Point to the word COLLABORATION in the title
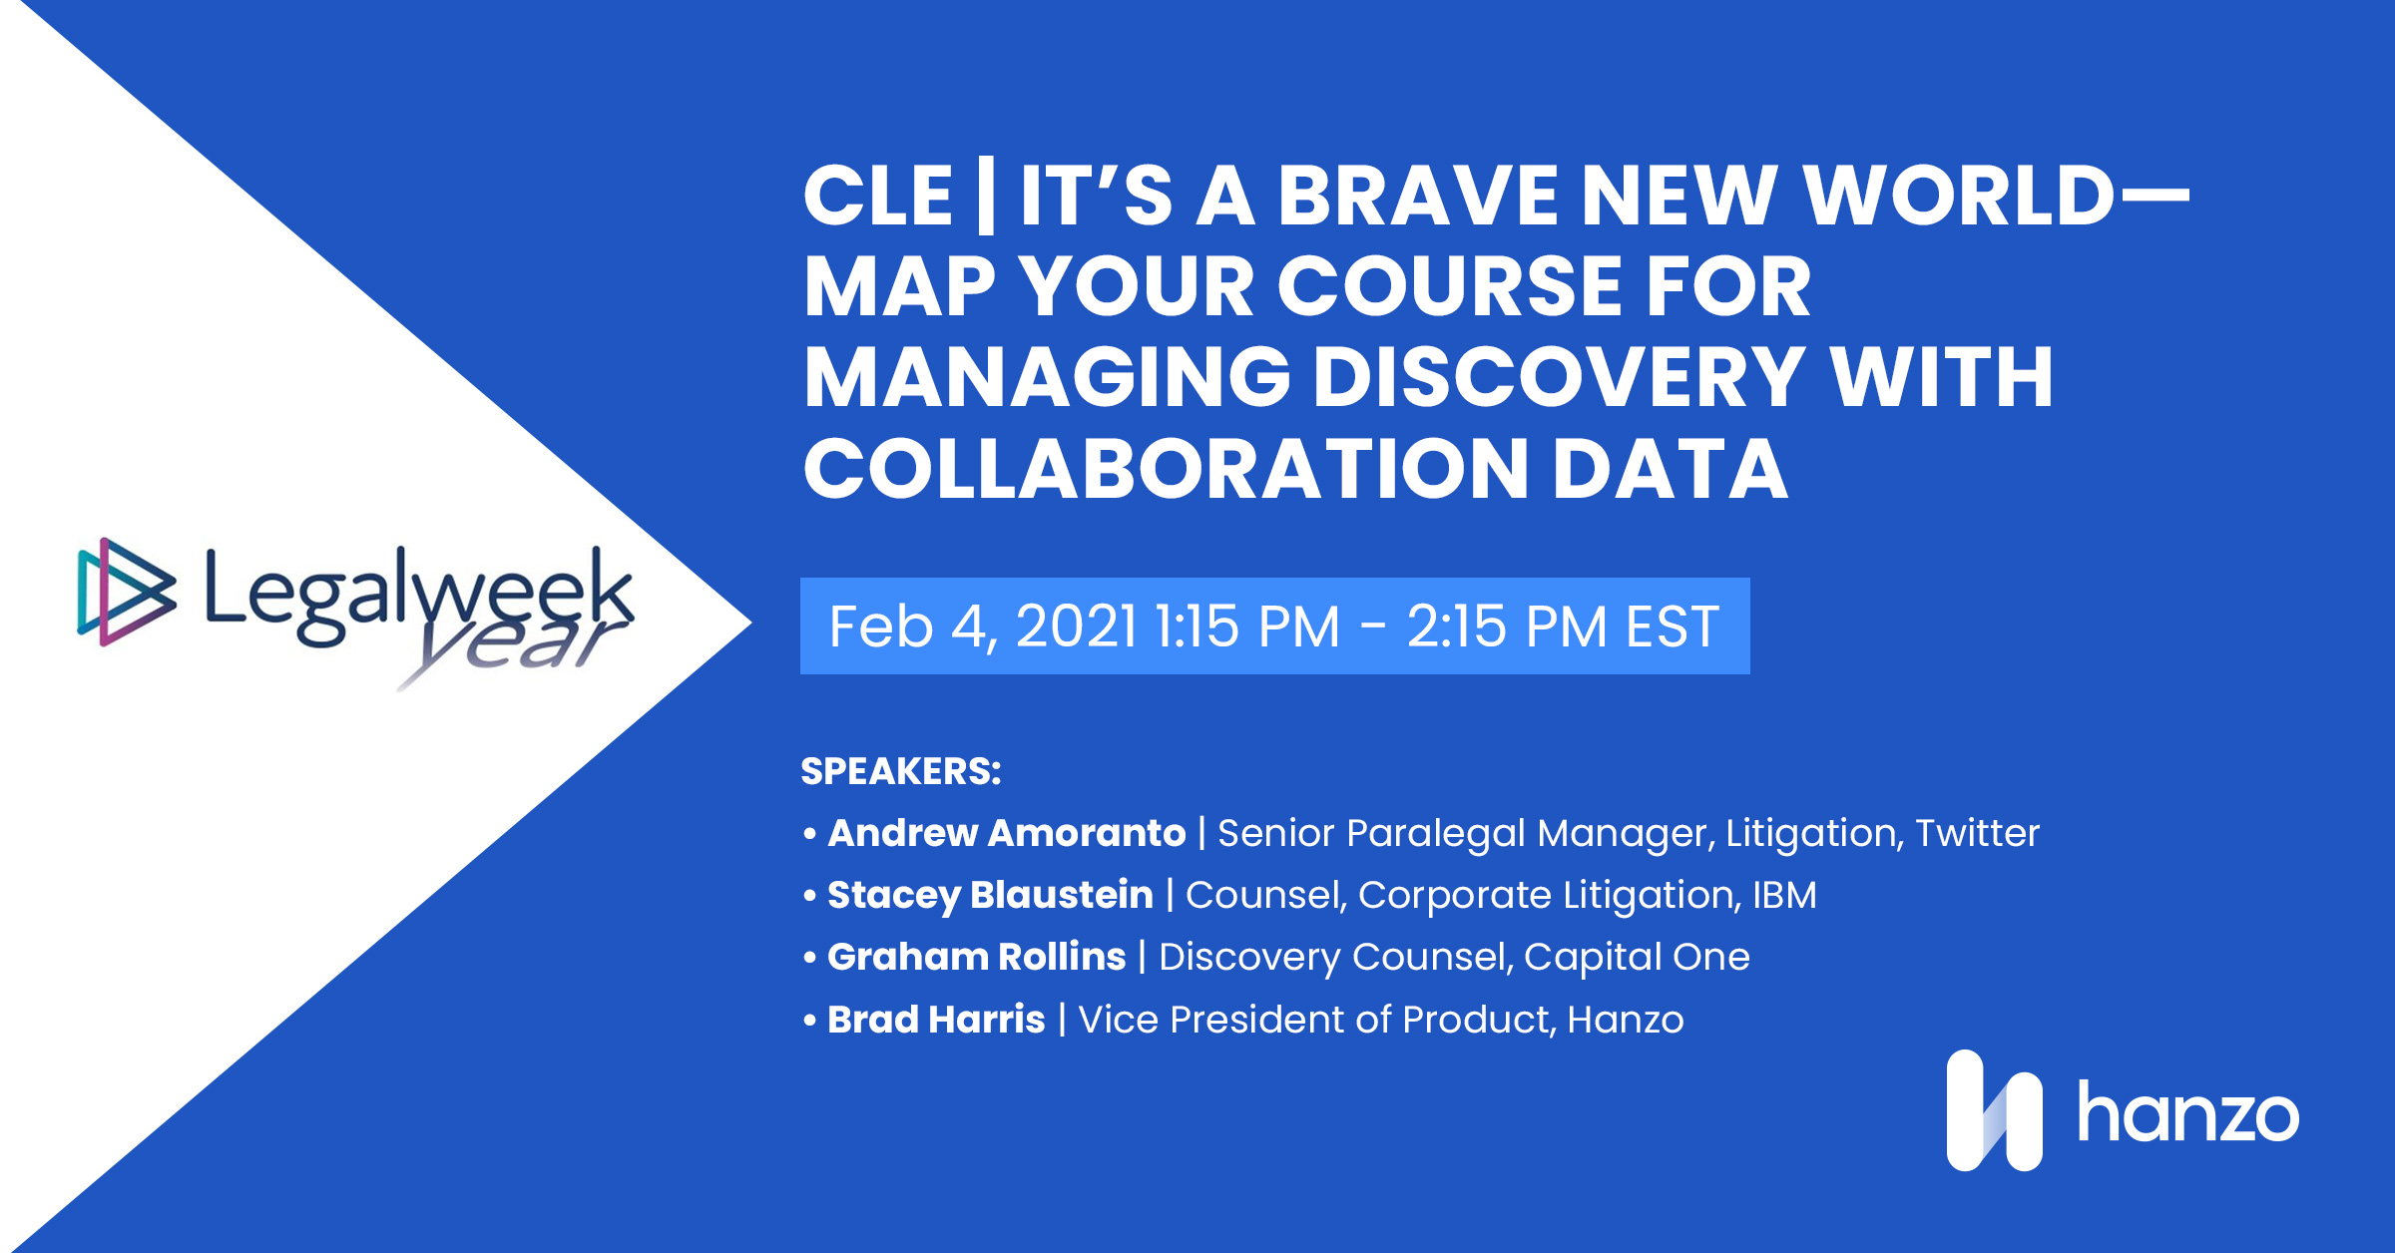click(1165, 469)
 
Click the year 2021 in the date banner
click(1076, 626)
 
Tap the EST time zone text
click(1673, 626)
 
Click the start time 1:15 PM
click(1247, 626)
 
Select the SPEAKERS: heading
click(900, 771)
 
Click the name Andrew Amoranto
click(1006, 833)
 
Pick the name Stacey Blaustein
click(990, 895)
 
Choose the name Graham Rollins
click(976, 957)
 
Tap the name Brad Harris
click(936, 1020)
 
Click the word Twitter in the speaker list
click(1977, 833)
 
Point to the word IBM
click(1784, 895)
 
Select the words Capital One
click(1637, 957)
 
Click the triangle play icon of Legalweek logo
click(126, 592)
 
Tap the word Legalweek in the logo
click(419, 594)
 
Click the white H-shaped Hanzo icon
click(1994, 1110)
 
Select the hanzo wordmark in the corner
click(2187, 1113)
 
